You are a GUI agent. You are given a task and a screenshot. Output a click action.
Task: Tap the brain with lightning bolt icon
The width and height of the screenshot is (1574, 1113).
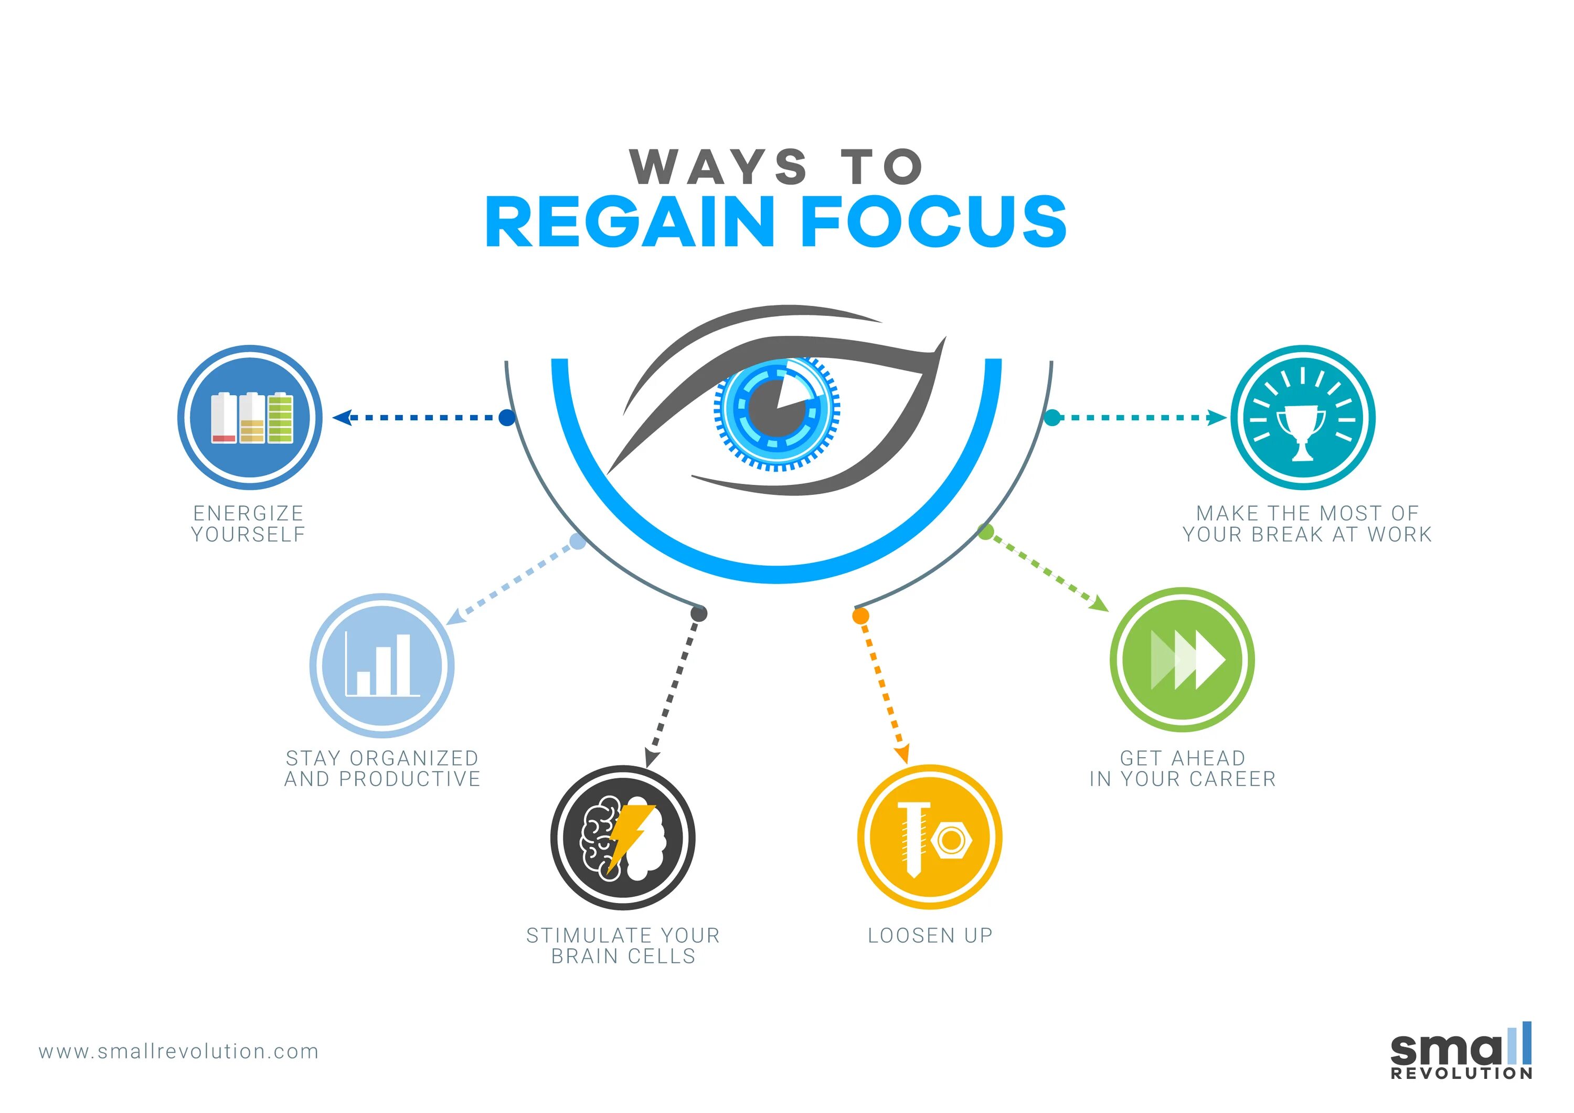[x=622, y=838]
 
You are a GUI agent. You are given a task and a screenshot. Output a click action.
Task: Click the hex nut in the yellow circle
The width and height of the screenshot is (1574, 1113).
[x=952, y=840]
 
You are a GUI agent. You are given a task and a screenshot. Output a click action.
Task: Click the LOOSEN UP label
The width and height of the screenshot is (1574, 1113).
[x=930, y=936]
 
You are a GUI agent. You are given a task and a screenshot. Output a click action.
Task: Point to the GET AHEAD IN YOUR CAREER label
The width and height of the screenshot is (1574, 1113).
[x=1183, y=769]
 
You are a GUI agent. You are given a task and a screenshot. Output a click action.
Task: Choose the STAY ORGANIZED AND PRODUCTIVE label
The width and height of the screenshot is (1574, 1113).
[x=382, y=769]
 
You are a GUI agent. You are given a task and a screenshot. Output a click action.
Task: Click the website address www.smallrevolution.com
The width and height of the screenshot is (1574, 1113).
[x=179, y=1051]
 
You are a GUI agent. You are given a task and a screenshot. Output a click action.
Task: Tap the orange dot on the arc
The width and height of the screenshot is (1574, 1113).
[x=860, y=616]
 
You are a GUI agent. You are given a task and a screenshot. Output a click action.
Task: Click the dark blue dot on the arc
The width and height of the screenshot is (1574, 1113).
[x=507, y=418]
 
